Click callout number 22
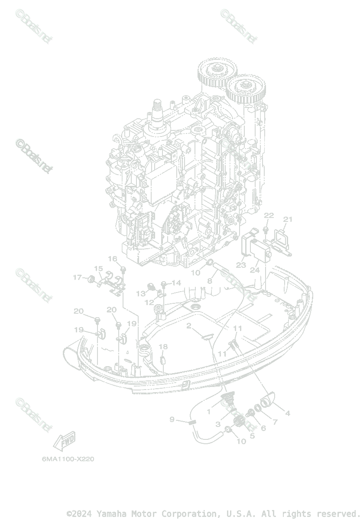pos(269,215)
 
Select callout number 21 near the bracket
pos(288,219)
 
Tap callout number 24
pos(254,269)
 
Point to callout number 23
pos(241,265)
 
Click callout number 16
pos(113,259)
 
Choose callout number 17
pos(77,277)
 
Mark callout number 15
pos(98,269)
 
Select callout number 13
pos(141,293)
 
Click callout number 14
pos(176,283)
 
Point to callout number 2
pos(189,325)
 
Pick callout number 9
pos(172,419)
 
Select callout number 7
pos(274,422)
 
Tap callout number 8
pos(209,281)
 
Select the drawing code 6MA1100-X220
pos(68,459)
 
